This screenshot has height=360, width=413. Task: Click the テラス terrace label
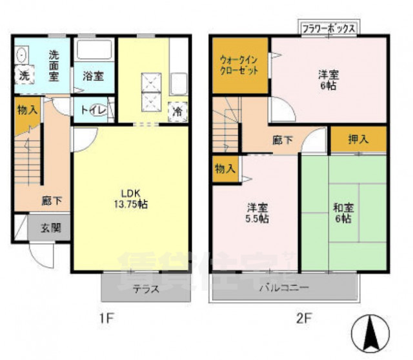point(146,290)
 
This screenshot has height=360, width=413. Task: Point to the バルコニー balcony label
point(285,287)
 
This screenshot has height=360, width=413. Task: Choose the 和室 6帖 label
point(343,214)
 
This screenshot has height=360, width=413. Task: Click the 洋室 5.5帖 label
point(257,214)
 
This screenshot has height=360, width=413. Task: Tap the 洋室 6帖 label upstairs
point(328,79)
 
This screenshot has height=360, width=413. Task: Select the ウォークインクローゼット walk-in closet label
point(240,65)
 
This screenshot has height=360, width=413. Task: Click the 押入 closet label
point(358,138)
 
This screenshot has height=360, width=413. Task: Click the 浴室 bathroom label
point(93,76)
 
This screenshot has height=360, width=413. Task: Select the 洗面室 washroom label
point(55,65)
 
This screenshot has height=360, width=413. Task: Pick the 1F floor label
point(106,317)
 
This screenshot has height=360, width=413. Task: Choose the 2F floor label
point(304,317)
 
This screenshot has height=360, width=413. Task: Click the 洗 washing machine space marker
point(24,75)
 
